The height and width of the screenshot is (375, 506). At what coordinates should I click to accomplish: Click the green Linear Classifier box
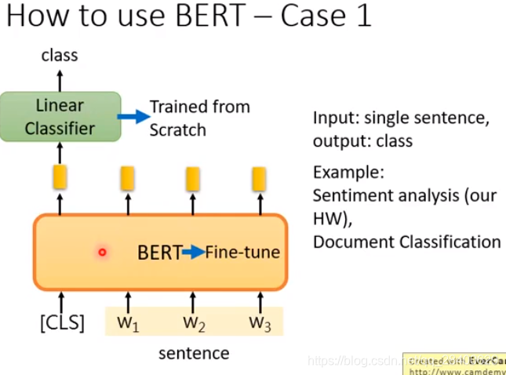(x=60, y=117)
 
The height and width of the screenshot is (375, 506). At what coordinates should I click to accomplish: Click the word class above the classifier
(x=60, y=55)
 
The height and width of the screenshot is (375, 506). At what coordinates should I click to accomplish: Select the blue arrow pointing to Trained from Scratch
(x=133, y=117)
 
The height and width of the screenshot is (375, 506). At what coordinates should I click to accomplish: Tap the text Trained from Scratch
(x=199, y=117)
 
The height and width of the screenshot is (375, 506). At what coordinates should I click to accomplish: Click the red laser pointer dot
(x=102, y=252)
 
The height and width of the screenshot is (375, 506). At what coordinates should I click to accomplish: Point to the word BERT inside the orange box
(x=159, y=253)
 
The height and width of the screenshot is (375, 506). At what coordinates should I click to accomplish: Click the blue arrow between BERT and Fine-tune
(x=193, y=252)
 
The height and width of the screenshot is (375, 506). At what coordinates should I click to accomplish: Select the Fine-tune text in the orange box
(x=242, y=253)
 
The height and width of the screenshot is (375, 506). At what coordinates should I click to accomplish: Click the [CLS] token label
(x=61, y=322)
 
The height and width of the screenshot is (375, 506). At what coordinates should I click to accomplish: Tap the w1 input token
(x=128, y=322)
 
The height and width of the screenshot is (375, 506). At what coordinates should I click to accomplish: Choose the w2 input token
(x=193, y=322)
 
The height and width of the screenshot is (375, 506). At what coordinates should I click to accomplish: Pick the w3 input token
(x=260, y=322)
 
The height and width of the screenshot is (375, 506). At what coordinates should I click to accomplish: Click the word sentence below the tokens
(x=194, y=353)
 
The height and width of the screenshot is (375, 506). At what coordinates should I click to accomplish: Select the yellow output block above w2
(x=193, y=179)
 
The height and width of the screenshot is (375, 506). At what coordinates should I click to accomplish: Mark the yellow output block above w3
(x=259, y=179)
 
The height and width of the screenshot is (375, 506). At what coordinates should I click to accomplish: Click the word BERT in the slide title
(x=202, y=17)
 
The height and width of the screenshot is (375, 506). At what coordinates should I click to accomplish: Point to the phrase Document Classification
(x=406, y=242)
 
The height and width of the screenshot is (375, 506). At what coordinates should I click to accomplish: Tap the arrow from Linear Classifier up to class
(x=60, y=79)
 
